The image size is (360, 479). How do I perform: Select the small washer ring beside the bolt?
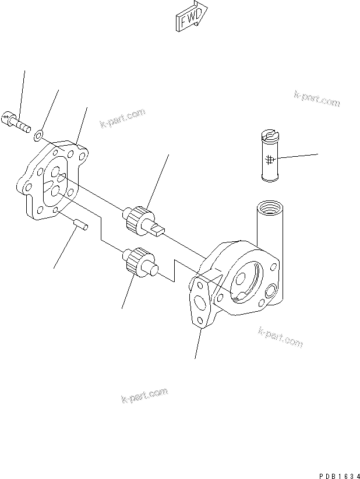point(38,136)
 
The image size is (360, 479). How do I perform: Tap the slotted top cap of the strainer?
point(269,136)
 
